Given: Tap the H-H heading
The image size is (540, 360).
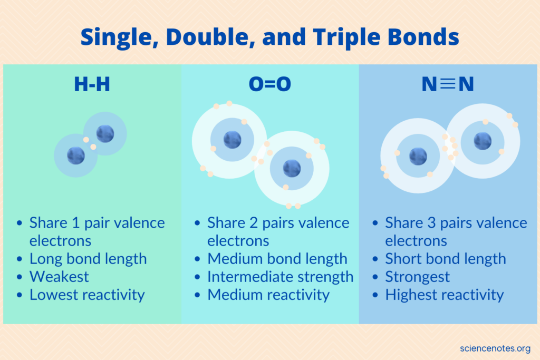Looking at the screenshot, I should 92,85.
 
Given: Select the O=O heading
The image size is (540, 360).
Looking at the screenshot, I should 270,85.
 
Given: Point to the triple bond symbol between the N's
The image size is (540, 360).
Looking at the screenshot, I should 448,85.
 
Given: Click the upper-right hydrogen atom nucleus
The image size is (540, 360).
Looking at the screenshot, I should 105,133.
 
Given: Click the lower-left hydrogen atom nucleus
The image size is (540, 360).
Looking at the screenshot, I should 76,155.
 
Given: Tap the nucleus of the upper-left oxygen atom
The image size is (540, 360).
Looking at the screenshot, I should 232,140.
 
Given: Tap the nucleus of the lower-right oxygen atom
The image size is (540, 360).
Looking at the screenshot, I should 292,168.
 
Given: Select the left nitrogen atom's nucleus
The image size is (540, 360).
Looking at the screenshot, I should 418,156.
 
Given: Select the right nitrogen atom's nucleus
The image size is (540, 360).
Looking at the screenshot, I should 482,141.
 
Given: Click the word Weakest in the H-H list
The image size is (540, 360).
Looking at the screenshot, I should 59,277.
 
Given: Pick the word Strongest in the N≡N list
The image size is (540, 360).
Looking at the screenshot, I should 418,277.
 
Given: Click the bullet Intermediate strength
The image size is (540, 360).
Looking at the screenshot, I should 280,277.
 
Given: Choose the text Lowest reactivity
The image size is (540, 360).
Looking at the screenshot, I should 87,295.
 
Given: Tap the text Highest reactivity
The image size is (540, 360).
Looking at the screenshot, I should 445,295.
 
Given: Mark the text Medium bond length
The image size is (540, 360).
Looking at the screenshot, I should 277,259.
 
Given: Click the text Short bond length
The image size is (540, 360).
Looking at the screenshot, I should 446,259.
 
